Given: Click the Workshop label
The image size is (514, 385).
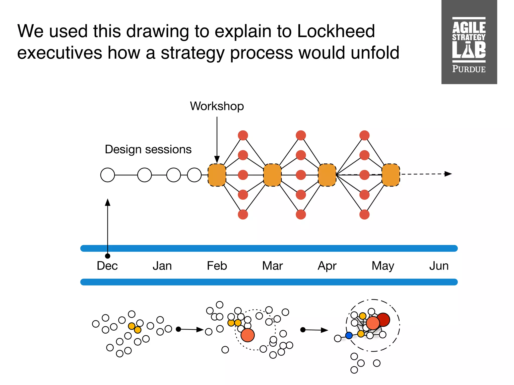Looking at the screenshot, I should coord(217,106).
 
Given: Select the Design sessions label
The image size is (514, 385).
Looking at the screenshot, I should coord(148,149).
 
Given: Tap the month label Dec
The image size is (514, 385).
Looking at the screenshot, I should coord(107,266).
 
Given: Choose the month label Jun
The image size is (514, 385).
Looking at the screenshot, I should coord(439,266).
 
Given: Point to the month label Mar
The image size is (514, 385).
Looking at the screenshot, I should coord(272,266).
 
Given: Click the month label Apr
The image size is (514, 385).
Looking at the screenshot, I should coord(327,266).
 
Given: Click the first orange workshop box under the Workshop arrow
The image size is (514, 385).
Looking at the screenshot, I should coord(217,175).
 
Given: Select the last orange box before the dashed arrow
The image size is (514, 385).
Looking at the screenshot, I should coord(391,175).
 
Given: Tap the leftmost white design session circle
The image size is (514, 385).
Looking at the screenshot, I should coord(107,175).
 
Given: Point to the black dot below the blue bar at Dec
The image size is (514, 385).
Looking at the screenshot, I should coord(107,256).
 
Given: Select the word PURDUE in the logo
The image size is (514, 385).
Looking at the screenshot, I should coord(469,69).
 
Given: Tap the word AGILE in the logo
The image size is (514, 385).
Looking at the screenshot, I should coord(469,28).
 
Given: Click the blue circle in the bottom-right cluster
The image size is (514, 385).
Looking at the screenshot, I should coord(349,335).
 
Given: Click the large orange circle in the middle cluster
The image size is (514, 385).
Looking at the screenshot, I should coord(247,335).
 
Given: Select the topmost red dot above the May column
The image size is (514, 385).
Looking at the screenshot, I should coord(364,135).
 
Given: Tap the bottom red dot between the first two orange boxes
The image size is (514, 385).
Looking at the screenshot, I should coord(243,215).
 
